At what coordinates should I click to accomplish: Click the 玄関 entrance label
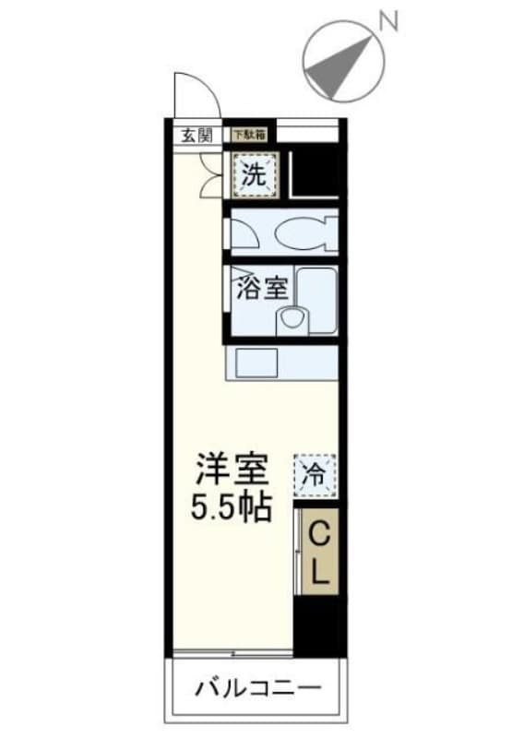[x=195, y=135]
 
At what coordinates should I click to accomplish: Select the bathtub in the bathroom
[x=316, y=300]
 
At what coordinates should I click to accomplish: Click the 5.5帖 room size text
[x=232, y=507]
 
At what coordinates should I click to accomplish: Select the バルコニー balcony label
[x=257, y=688]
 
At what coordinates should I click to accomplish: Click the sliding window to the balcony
[x=231, y=655]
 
